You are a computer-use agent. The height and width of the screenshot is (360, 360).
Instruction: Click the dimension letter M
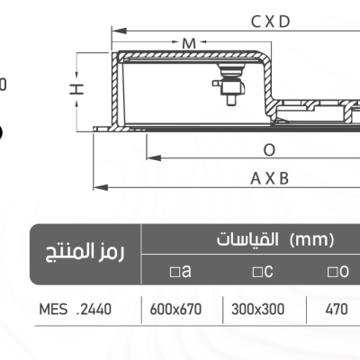point(188,43)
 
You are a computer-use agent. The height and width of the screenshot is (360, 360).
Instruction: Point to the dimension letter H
point(78,87)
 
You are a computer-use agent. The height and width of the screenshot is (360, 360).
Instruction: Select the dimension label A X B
point(270,178)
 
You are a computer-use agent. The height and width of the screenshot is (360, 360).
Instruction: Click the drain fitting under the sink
point(227,84)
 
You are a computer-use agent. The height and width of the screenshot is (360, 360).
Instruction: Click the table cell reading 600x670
point(180,310)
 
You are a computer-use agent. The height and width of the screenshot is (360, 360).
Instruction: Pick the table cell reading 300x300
point(258,310)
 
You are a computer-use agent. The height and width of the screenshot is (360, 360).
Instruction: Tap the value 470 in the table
point(337,310)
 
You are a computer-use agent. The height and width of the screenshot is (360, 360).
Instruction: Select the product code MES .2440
point(76,310)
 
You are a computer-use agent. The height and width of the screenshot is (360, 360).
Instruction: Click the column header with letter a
point(180,271)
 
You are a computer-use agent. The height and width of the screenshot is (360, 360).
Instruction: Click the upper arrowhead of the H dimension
point(79,55)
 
